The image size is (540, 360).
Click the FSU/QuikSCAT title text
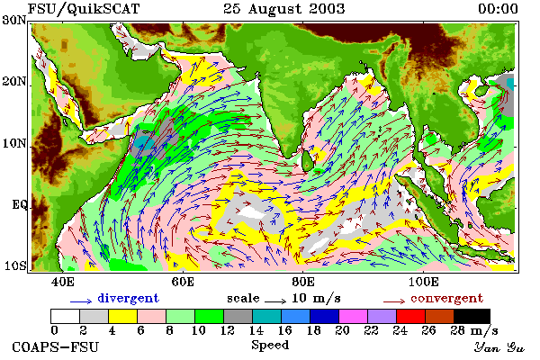pyautogui.click(x=84, y=9)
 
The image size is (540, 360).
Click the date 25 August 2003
pyautogui.click(x=284, y=9)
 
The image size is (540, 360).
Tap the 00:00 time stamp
pyautogui.click(x=498, y=9)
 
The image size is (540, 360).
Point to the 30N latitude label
pyautogui.click(x=14, y=20)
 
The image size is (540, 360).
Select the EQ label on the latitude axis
pyautogui.click(x=19, y=204)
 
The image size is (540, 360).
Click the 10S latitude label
pyautogui.click(x=15, y=266)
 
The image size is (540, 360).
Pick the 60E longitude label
pyautogui.click(x=183, y=282)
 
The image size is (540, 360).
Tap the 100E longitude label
pyautogui.click(x=424, y=282)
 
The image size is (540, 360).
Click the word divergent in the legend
pyautogui.click(x=128, y=298)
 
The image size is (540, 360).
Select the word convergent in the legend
pyautogui.click(x=446, y=298)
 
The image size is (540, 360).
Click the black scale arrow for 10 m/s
pyautogui.click(x=275, y=301)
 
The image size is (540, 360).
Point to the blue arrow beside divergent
pyautogui.click(x=81, y=301)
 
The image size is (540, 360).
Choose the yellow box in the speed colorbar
pyautogui.click(x=123, y=316)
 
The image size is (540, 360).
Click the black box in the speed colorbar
pyautogui.click(x=472, y=316)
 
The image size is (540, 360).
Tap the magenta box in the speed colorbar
pyautogui.click(x=354, y=316)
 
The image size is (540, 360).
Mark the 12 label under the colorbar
pyautogui.click(x=227, y=330)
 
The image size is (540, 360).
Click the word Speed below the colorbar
pyautogui.click(x=270, y=345)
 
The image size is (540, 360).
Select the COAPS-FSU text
pyautogui.click(x=55, y=346)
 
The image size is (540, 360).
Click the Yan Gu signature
pyautogui.click(x=499, y=347)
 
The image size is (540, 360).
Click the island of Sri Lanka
pyautogui.click(x=308, y=161)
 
